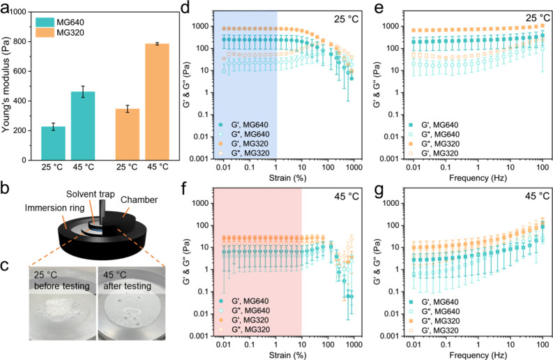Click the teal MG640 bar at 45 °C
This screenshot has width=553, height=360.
(x=83, y=126)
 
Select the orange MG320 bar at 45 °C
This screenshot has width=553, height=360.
(x=158, y=102)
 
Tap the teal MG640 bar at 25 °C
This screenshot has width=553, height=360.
(x=53, y=143)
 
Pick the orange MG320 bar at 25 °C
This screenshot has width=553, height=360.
(x=128, y=135)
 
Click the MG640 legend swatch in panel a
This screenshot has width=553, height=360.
(x=45, y=22)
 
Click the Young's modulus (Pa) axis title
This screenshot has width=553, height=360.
(x=6, y=86)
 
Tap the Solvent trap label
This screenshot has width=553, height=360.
(x=91, y=194)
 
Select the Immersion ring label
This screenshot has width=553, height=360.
(x=54, y=208)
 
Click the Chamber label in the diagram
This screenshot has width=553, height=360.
(x=139, y=200)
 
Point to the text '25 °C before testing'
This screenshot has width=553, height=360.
(x=62, y=280)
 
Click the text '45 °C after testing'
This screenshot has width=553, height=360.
(x=127, y=280)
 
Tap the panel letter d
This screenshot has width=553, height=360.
(x=185, y=7)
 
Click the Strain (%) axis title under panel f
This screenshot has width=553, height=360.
(x=287, y=354)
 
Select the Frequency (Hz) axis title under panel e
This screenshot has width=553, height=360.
(x=478, y=177)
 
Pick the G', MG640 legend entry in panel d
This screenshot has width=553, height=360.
(x=243, y=125)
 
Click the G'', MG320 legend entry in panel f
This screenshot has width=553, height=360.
(x=244, y=329)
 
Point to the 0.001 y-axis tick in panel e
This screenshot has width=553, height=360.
(x=388, y=159)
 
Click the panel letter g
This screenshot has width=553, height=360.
(x=379, y=191)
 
